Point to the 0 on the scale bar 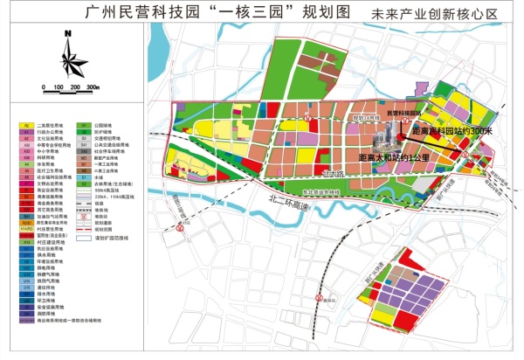click(x=42, y=88)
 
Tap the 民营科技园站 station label click(x=403, y=114)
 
